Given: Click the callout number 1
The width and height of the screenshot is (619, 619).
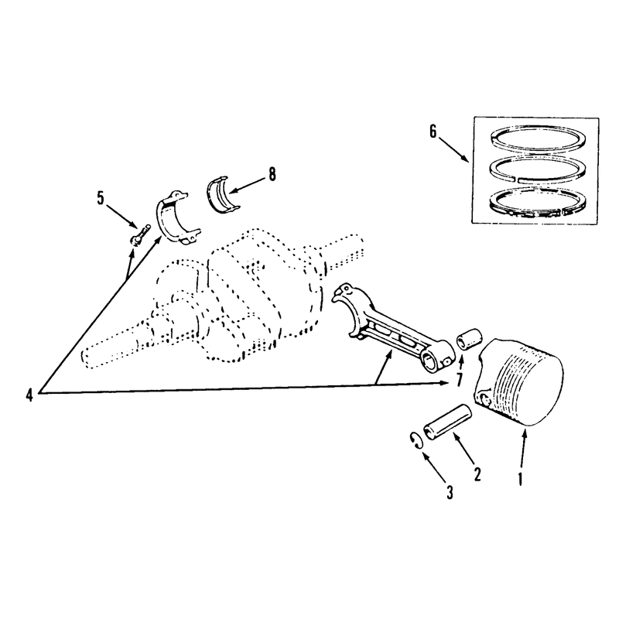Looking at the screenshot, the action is click(520, 478).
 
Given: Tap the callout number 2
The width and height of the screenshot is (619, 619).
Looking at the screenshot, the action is click(477, 474).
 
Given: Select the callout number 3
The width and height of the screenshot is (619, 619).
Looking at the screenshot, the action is click(450, 492).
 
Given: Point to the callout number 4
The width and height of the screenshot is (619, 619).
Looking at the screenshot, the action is click(29, 395).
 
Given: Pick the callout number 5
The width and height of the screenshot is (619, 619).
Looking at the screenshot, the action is click(101, 198).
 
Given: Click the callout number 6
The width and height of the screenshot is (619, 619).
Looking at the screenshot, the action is click(433, 132).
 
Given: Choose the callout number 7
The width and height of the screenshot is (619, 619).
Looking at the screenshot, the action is click(459, 380).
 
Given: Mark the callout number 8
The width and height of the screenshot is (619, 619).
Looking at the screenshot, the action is click(272, 174).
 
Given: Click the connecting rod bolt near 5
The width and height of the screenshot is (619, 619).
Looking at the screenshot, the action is click(140, 235).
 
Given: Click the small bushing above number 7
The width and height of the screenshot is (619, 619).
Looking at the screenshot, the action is click(470, 338).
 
